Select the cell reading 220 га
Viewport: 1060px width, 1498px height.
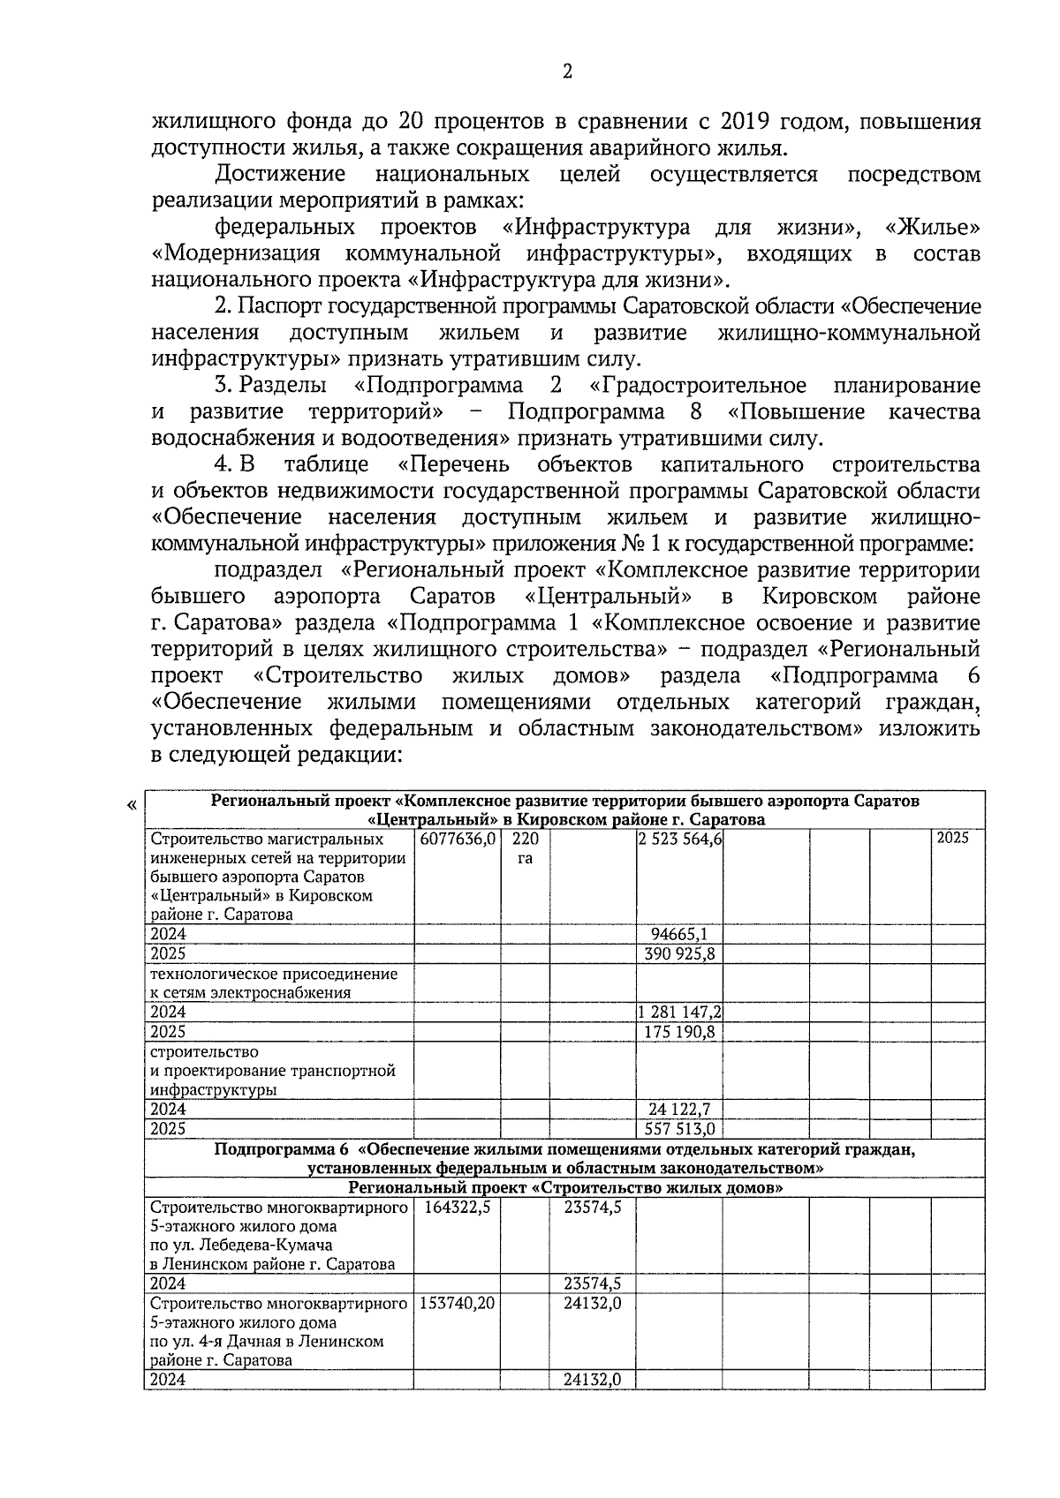[x=525, y=848]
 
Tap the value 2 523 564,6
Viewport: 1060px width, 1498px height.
[x=679, y=839]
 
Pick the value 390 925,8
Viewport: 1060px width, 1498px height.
[x=679, y=954]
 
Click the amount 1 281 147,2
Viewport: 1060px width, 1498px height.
[x=679, y=1012]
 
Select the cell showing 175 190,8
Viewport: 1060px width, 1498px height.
[x=679, y=1032]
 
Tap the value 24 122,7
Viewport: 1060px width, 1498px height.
[x=679, y=1110]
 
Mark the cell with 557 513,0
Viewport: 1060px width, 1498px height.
[x=679, y=1129]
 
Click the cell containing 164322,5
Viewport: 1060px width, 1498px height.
[x=457, y=1207]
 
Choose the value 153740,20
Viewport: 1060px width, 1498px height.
[x=457, y=1304]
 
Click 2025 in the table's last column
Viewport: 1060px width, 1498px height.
[x=953, y=839]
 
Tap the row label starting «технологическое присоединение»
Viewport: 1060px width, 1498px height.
[x=274, y=975]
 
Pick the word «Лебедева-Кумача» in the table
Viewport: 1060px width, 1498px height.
[x=268, y=1246]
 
